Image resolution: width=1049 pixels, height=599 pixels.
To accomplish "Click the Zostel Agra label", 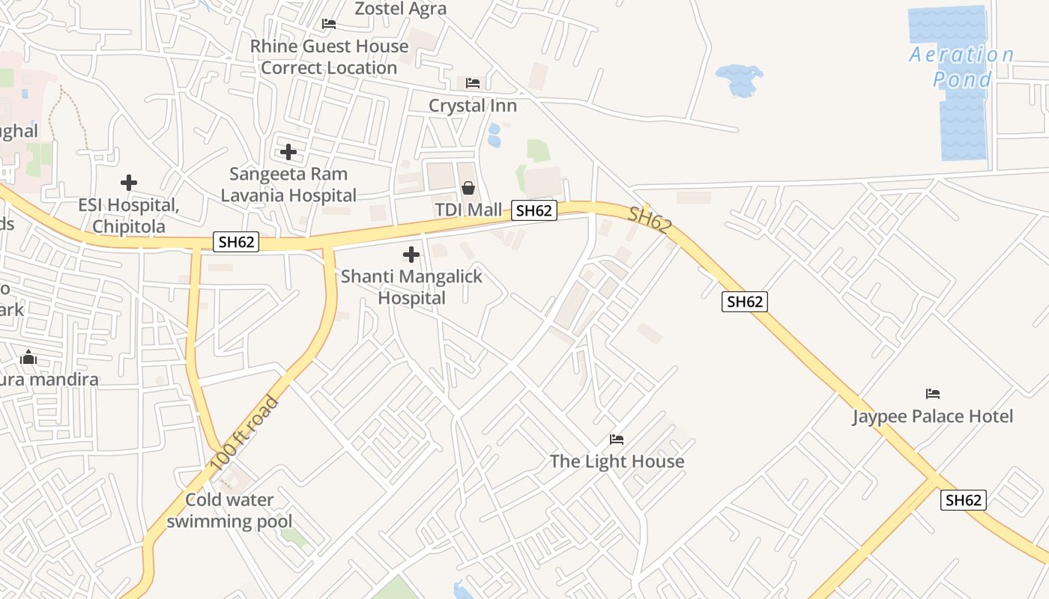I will point(400,9).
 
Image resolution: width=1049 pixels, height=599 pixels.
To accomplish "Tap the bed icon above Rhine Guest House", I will point(328,24).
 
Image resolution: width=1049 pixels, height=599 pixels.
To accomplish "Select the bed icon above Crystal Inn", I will point(473,83).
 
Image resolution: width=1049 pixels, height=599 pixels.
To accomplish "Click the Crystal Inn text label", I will point(473,106).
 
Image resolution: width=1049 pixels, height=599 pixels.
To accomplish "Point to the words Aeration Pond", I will point(962,67).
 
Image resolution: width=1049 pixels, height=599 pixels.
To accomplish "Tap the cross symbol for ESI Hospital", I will point(129,182).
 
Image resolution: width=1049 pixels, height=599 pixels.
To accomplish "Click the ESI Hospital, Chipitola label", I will point(129,215).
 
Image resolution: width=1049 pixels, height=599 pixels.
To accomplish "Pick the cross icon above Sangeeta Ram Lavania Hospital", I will point(288,152).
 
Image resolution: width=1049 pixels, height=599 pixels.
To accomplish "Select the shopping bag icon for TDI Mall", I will point(468,187).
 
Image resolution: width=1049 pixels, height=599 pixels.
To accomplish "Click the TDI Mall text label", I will point(468,210).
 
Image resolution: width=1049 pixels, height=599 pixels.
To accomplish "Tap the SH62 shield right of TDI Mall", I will point(534,210).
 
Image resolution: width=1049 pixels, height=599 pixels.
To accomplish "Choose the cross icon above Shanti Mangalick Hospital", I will point(411,255).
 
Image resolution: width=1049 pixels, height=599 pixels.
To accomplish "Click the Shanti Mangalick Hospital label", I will point(411,287).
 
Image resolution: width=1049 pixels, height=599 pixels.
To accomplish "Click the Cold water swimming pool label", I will point(229,510).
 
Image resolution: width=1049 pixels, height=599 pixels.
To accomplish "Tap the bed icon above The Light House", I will point(617,439).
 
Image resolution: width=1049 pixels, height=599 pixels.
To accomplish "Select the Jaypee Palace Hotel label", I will point(932,416).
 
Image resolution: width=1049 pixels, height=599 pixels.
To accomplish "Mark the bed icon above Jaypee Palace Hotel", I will point(933,394).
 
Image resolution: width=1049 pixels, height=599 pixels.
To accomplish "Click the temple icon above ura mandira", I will point(28,357).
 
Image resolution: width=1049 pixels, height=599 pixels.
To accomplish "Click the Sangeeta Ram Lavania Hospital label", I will point(288,185).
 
